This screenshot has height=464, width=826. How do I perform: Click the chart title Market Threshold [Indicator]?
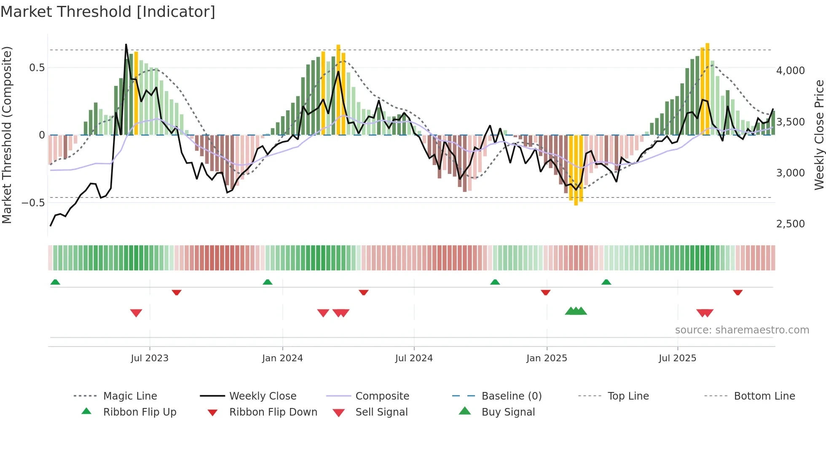coord(108,12)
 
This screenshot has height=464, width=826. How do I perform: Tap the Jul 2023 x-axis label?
coord(149,358)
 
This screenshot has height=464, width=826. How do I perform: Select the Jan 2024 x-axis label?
coord(282,358)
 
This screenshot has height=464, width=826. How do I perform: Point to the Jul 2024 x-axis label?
coord(413,358)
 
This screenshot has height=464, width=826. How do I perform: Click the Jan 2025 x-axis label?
coord(546,358)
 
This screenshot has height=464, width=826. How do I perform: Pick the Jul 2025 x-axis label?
coord(677,358)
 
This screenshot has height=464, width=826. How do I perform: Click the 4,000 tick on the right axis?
coord(790,71)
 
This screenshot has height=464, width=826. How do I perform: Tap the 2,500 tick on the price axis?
coord(790,224)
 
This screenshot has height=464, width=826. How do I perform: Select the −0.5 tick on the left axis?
coord(33,203)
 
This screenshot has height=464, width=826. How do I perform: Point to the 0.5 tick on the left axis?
coord(37,68)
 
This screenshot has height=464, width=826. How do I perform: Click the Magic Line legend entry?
coord(130,396)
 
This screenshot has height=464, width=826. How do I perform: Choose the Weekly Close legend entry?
coord(263,396)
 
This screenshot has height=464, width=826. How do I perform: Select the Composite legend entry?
coord(382,396)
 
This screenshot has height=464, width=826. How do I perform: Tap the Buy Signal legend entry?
coord(508,412)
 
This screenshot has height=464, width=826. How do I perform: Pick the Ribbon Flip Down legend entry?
coord(273,412)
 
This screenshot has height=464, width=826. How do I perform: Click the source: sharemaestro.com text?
coord(742,330)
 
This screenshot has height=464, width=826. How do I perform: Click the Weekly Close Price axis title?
coord(819,135)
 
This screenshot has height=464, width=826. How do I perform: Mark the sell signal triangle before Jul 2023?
coord(136,313)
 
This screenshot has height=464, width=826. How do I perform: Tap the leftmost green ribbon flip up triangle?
coord(55,282)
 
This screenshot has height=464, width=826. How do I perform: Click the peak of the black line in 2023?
coord(126,44)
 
